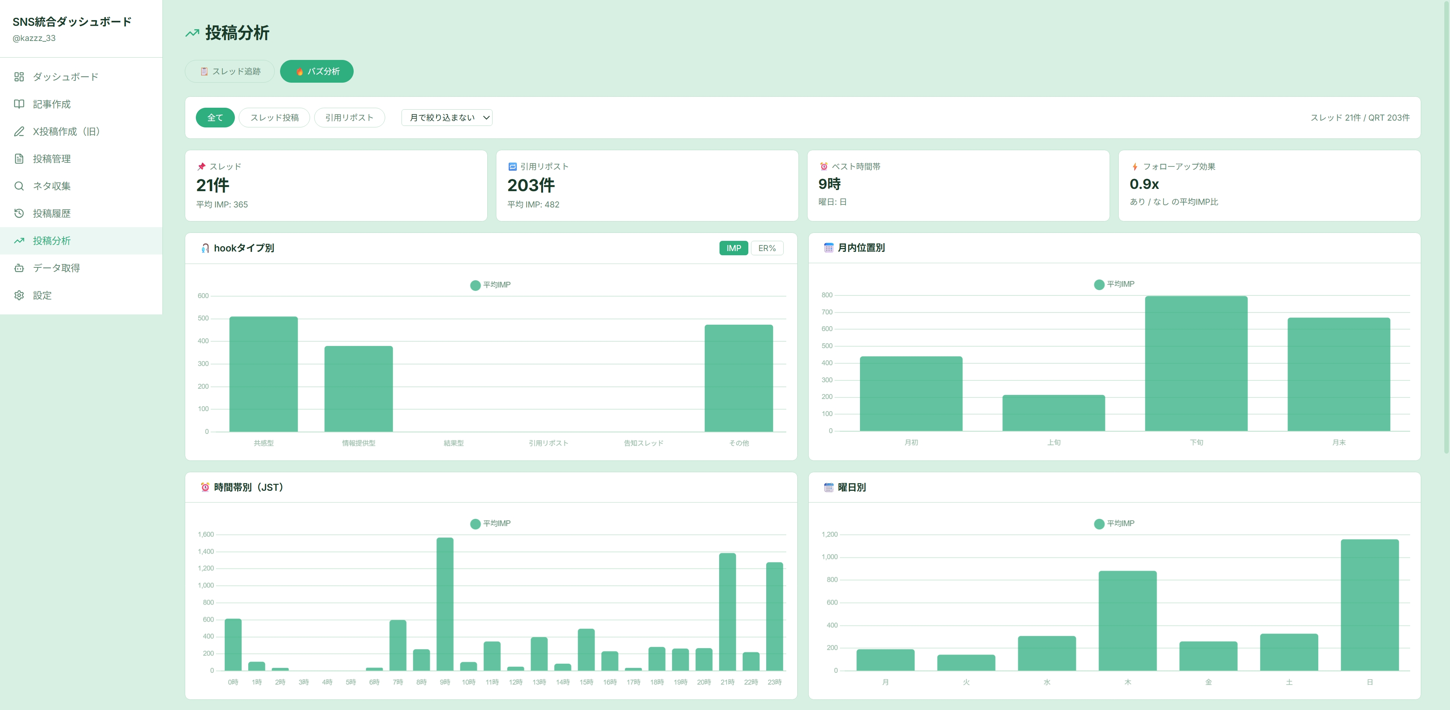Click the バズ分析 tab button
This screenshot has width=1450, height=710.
pos(316,71)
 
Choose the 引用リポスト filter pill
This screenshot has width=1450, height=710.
pos(349,118)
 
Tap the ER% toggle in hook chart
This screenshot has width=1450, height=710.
pos(767,248)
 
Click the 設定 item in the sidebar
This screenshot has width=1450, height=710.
pos(42,295)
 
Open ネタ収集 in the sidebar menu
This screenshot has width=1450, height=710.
pos(52,186)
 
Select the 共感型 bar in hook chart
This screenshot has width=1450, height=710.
pos(263,374)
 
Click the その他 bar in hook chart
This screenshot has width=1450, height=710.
pos(738,378)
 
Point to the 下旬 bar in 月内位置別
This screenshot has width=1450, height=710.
pos(1196,363)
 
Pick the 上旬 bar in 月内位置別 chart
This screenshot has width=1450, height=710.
pos(1054,413)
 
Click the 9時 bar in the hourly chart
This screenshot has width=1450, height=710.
pos(445,604)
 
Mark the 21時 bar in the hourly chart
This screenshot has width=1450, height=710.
pos(727,612)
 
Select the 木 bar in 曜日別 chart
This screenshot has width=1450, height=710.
pos(1127,620)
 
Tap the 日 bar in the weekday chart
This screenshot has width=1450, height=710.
pos(1370,605)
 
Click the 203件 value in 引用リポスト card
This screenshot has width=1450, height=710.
pos(531,185)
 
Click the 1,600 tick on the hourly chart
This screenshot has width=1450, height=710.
pos(205,534)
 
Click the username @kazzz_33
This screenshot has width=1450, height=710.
pos(34,38)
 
